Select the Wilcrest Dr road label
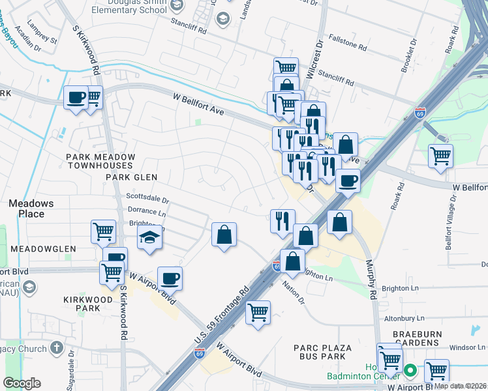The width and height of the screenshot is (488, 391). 320,58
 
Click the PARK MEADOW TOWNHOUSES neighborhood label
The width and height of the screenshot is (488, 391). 100,162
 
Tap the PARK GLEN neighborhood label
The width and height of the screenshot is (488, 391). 132,177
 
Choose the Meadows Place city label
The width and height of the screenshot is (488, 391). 27,209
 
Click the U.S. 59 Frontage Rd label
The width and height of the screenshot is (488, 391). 222,315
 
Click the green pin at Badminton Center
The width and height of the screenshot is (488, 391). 410,371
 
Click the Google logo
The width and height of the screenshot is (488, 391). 22,383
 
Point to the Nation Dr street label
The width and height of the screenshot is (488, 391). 294,292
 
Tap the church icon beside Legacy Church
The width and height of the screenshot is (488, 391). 57,347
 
